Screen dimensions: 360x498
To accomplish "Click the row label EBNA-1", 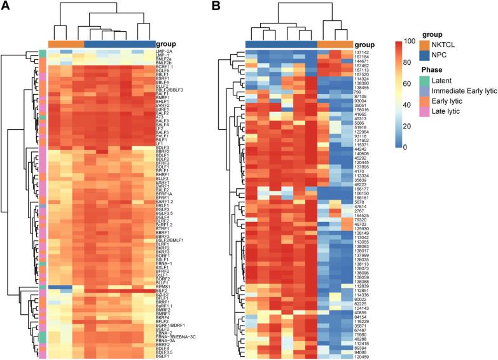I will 165,263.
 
